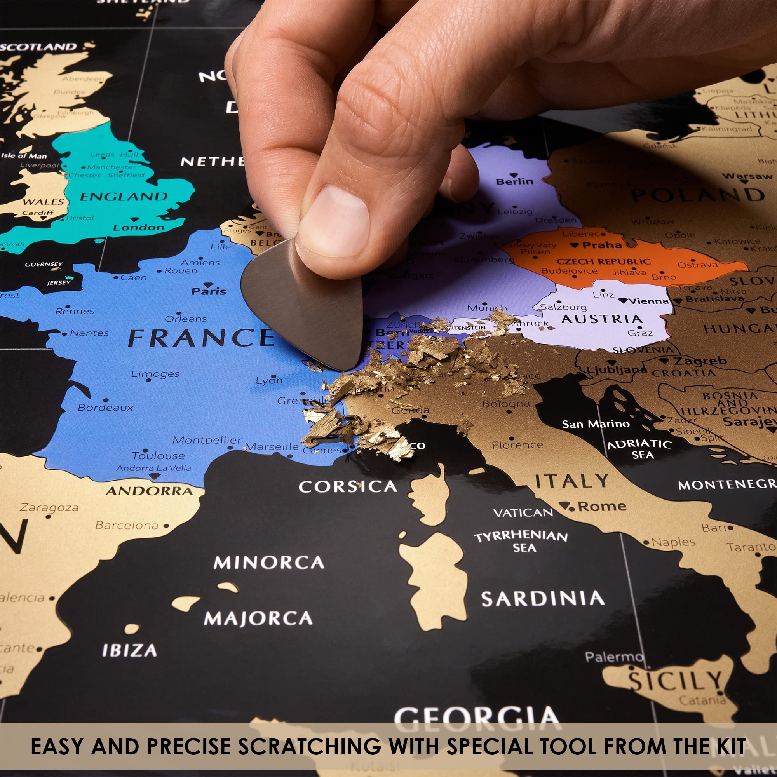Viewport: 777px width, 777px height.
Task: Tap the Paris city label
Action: point(208,291)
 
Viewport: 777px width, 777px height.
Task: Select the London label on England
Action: point(139,228)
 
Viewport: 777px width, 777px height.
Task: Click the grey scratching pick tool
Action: point(306,306)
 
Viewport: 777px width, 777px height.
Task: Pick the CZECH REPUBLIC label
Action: point(603,261)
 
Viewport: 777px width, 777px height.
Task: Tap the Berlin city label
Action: point(514,181)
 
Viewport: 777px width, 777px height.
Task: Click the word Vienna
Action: point(648,301)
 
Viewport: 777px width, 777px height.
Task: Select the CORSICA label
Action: point(348,487)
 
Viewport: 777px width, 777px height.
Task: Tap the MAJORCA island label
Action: point(258,618)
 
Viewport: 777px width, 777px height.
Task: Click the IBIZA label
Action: point(129,651)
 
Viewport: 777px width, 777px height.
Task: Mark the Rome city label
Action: point(602,506)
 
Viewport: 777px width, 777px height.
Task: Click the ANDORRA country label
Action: point(149,491)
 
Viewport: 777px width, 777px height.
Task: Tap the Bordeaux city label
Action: point(105,408)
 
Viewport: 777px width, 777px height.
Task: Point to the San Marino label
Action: point(596,424)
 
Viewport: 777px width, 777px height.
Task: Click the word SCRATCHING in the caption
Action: point(309,746)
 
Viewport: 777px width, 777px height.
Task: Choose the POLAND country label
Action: point(698,195)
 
